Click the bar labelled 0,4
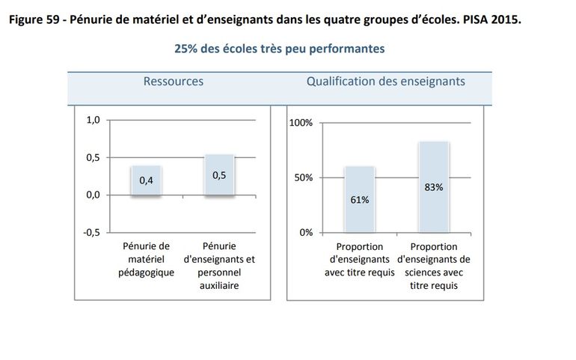tap(146, 180)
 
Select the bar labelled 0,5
tap(219, 175)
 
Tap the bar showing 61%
tap(360, 199)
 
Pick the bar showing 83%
tap(434, 187)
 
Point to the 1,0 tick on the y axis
tap(93, 120)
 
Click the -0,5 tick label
tap(91, 232)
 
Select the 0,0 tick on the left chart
tap(93, 195)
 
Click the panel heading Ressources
tap(173, 81)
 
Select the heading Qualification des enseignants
tap(386, 81)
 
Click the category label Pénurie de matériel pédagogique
tap(146, 259)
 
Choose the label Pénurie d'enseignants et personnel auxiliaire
tap(219, 266)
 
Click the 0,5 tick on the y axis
tap(93, 158)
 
